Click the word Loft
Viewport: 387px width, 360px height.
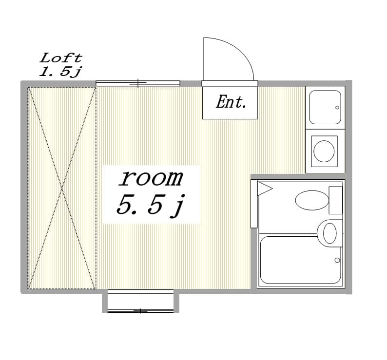pos(61,58)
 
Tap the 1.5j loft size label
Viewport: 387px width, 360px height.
pos(60,72)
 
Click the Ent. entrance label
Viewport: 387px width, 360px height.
pos(231,102)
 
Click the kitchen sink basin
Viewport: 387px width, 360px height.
pos(325,107)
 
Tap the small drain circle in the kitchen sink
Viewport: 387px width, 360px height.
pos(337,108)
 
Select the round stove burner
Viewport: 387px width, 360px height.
pos(324,151)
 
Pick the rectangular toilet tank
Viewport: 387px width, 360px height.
pos(336,200)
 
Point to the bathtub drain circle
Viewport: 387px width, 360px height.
pos(337,260)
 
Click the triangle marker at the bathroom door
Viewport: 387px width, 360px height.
pos(265,189)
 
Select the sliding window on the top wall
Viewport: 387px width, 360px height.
pos(138,83)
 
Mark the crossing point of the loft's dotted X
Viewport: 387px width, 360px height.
pos(62,188)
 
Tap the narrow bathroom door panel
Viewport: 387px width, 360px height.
pos(254,204)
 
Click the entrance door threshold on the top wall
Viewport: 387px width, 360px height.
pos(230,83)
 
